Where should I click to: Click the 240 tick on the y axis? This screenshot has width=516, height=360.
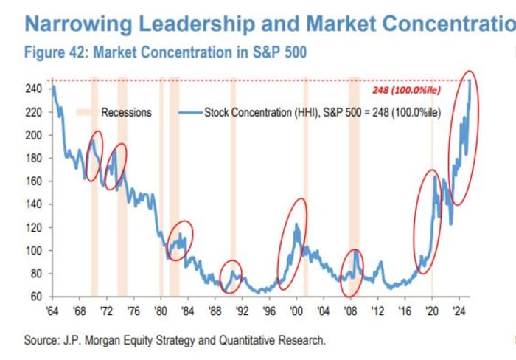[x=35, y=89]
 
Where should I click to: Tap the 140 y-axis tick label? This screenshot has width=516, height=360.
[x=35, y=204]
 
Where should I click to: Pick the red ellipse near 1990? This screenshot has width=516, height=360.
[x=231, y=277]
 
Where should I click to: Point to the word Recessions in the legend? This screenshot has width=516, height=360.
[x=126, y=112]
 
